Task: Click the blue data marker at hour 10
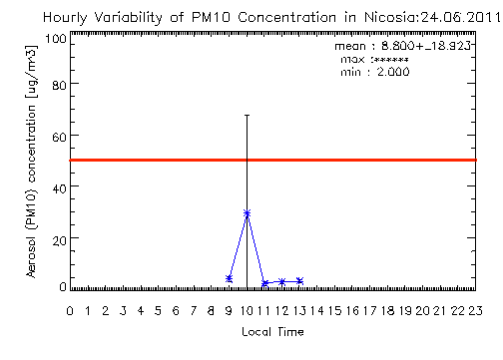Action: coord(247,213)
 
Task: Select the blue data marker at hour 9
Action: coord(229,278)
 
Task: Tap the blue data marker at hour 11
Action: coord(264,283)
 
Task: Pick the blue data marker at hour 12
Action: coord(282,282)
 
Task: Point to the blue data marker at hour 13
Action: coord(300,281)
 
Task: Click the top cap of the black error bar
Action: coord(247,116)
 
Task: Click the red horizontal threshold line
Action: coord(273,161)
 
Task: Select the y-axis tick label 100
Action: coord(56,39)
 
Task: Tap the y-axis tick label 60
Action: coord(59,137)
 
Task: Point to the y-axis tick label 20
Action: coord(59,239)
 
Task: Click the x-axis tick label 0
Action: coord(70,311)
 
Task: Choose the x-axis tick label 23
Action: coord(475,311)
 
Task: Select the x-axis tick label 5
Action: coord(158,311)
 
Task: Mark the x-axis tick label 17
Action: coord(369,311)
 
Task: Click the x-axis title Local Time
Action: coord(272,332)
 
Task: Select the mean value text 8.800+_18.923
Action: coord(426,46)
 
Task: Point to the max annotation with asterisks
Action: coord(374,60)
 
